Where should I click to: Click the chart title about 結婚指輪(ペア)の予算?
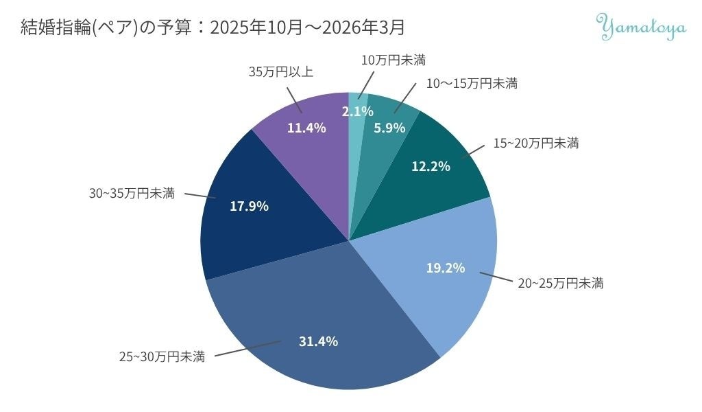pos(213,27)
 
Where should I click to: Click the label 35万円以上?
pos(280,71)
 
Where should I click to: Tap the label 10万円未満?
pos(393,60)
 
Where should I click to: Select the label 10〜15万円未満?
pos(472,83)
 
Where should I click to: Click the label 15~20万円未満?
pos(536,143)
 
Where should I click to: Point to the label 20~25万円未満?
pos(561,284)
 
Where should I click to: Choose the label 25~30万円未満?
pos(162,357)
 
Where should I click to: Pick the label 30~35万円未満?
pos(132,194)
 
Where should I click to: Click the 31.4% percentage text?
pos(318,341)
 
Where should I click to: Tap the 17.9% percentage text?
pos(249,206)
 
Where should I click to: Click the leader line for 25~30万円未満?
pos(248,349)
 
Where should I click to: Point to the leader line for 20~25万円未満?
pos(496,277)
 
